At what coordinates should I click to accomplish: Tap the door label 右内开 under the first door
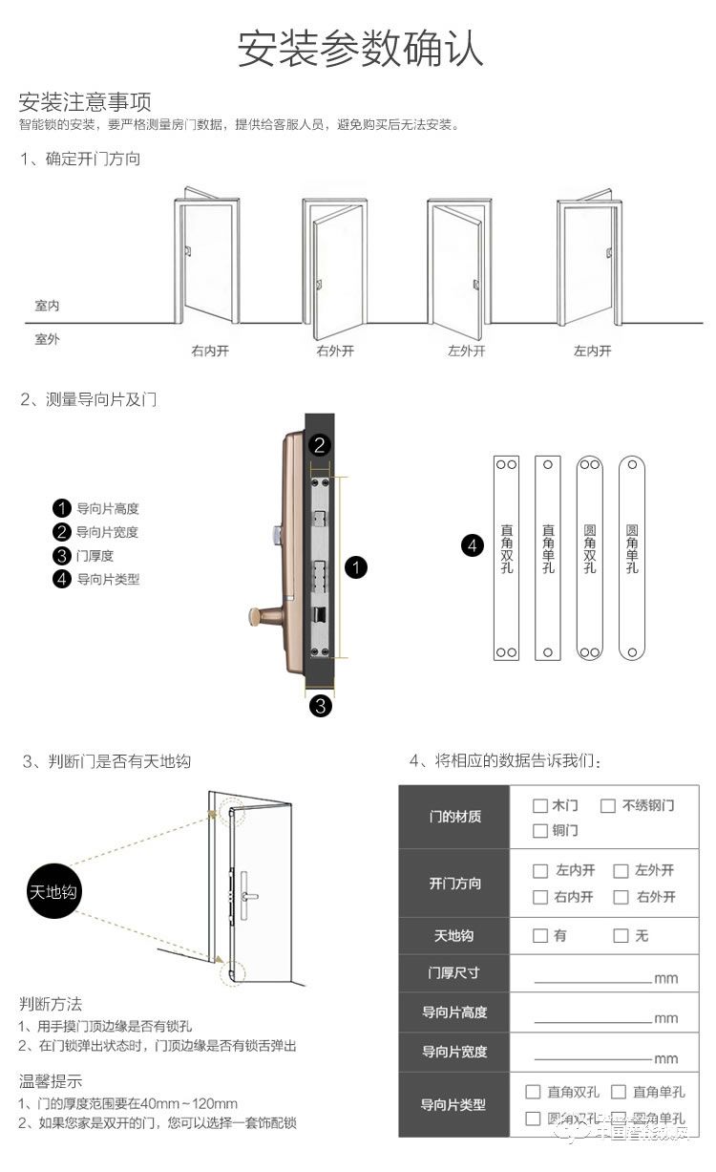[x=210, y=351]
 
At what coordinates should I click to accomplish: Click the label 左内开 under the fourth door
[x=592, y=351]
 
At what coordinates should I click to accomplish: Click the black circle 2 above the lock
[x=321, y=444]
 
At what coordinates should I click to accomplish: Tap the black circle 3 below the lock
[x=321, y=706]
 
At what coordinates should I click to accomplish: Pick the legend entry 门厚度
[x=95, y=555]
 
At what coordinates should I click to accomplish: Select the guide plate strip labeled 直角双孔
[x=505, y=558]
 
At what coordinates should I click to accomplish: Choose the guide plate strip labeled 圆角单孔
[x=631, y=558]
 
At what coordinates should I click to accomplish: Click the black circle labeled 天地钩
[x=53, y=892]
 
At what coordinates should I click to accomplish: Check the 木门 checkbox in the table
[x=540, y=805]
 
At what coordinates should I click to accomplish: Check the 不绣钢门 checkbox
[x=607, y=805]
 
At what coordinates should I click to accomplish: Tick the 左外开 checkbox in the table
[x=621, y=870]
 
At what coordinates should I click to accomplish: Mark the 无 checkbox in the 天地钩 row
[x=621, y=935]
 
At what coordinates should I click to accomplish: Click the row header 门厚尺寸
[x=453, y=972]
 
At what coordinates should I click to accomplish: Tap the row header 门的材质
[x=454, y=817]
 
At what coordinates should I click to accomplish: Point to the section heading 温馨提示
[x=51, y=1081]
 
